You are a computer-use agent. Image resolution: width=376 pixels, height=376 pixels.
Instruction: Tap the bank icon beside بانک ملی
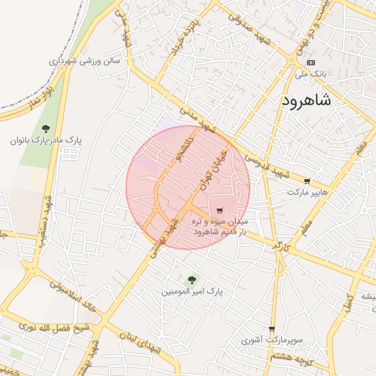pyautogui.click(x=311, y=63)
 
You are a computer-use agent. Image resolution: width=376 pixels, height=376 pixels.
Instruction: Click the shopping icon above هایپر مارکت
pyautogui.click(x=306, y=181)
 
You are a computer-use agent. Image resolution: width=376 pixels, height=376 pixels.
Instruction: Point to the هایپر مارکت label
pyautogui.click(x=305, y=192)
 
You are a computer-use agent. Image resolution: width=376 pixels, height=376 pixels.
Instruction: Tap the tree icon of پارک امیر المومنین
pyautogui.click(x=192, y=279)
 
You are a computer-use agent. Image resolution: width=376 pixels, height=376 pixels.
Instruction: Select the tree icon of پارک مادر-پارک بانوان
pyautogui.click(x=46, y=130)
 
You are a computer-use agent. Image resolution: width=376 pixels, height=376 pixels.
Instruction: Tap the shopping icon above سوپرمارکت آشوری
pyautogui.click(x=272, y=329)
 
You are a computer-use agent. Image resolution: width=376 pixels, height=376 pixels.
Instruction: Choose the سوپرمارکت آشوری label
pyautogui.click(x=271, y=341)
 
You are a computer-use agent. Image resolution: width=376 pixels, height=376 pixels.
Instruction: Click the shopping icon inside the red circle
pyautogui.click(x=220, y=211)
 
